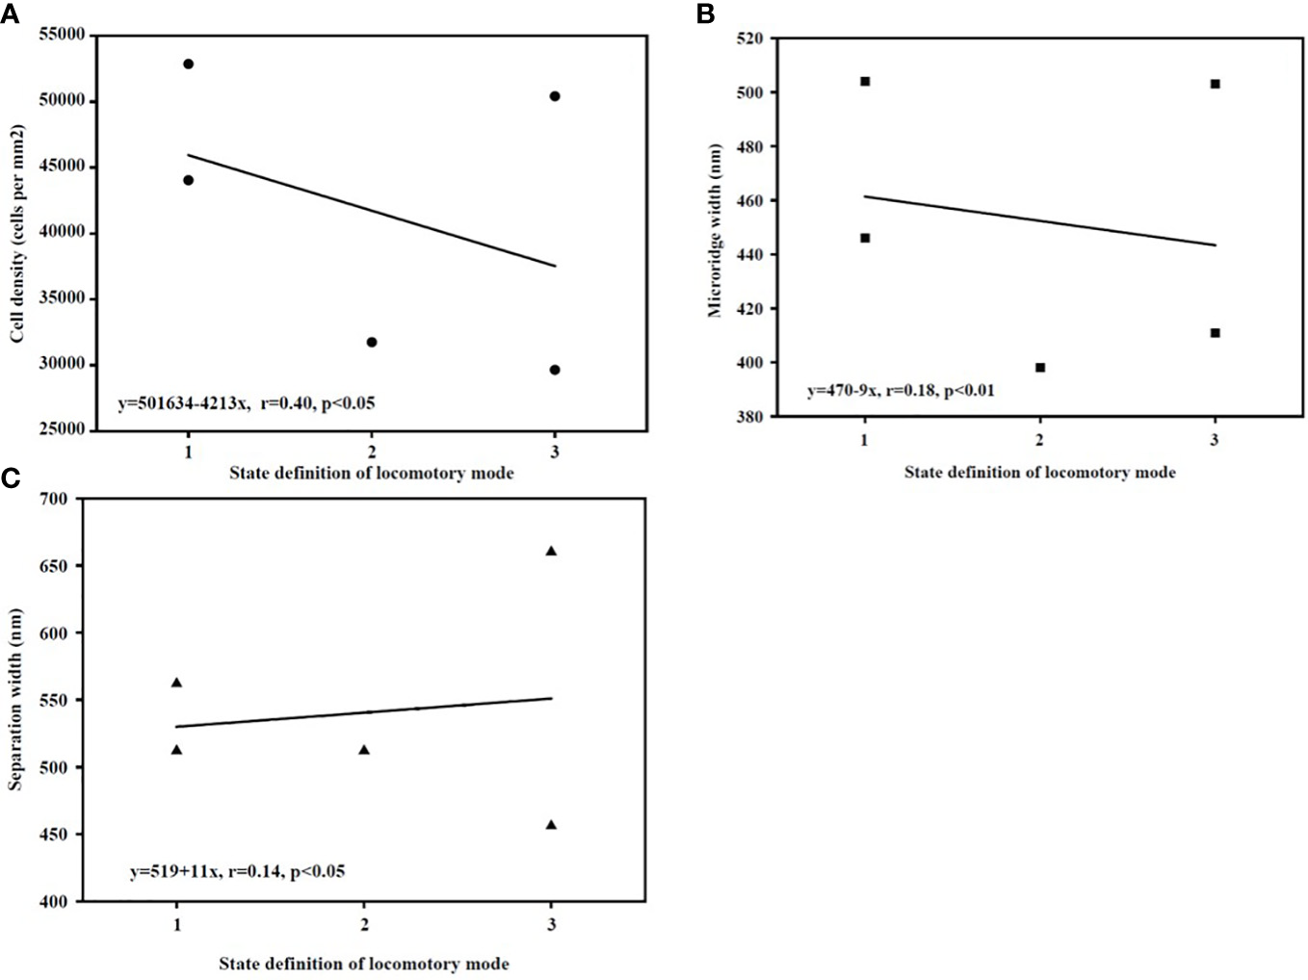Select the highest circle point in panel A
188,64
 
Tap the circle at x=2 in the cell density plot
372,342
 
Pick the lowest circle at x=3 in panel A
555,370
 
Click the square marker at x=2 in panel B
1040,367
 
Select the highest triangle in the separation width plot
551,551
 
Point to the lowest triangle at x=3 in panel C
551,825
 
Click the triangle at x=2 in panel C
364,750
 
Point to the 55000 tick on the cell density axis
62,36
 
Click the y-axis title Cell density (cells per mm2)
17,234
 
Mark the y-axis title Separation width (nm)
15,699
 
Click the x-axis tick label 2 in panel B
1040,440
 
